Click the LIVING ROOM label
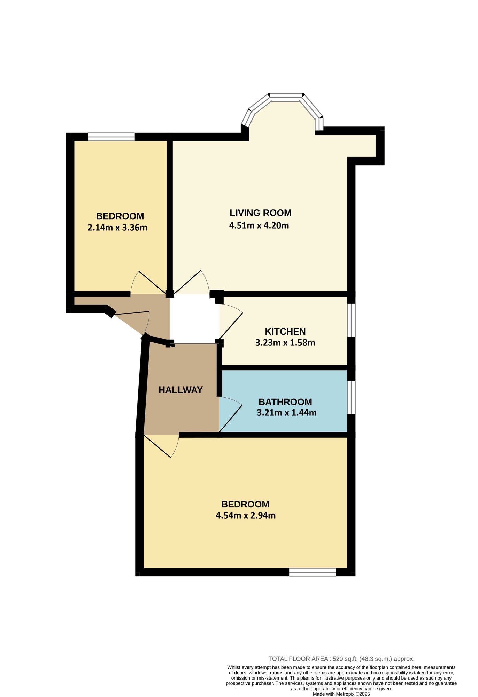(260, 213)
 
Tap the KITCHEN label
(285, 331)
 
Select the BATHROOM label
(285, 402)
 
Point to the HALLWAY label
(180, 390)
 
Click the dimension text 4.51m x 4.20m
(259, 225)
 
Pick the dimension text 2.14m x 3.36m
(117, 228)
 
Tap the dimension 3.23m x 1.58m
(285, 343)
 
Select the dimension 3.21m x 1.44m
(287, 413)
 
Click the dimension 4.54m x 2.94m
(246, 515)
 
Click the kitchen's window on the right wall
(352, 320)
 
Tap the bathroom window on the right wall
(352, 397)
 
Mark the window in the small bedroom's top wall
(111, 137)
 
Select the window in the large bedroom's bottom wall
(313, 572)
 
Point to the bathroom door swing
(230, 415)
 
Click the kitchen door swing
(230, 322)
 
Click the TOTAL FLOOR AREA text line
(341, 659)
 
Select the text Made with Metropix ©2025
(341, 694)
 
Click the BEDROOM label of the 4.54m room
(245, 504)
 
